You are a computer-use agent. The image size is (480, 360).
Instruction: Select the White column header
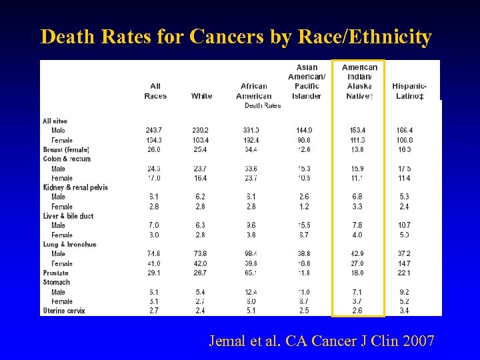click(x=201, y=96)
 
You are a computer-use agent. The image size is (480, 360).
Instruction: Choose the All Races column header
click(x=155, y=91)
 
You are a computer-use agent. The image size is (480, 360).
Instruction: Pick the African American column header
click(x=253, y=91)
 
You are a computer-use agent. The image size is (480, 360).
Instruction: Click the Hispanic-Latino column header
click(x=409, y=91)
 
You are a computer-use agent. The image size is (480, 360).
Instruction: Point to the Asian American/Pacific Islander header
click(x=307, y=81)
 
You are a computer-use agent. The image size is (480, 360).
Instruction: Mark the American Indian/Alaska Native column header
click(x=359, y=81)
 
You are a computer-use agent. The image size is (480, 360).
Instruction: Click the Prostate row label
click(x=56, y=273)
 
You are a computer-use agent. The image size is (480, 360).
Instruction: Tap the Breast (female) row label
click(x=66, y=149)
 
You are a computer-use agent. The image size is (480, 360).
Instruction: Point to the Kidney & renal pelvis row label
click(x=75, y=187)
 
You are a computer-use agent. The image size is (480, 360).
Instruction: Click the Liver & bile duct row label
click(x=68, y=216)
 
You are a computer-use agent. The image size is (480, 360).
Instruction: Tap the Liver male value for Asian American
click(x=304, y=225)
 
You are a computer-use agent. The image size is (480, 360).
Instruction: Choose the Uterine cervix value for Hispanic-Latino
click(x=404, y=311)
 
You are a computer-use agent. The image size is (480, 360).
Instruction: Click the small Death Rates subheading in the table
click(x=263, y=105)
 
